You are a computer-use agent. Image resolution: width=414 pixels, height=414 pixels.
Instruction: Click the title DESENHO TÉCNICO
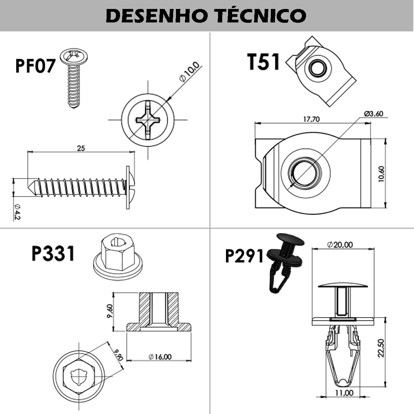pyautogui.click(x=206, y=16)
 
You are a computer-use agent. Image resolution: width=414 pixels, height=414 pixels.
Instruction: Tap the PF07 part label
pyautogui.click(x=35, y=66)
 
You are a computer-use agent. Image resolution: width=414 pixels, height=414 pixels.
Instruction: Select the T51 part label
pyautogui.click(x=264, y=62)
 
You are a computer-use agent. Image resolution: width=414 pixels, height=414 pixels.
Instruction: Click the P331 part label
pyautogui.click(x=53, y=254)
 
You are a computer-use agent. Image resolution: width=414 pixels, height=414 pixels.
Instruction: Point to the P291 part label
pyautogui.click(x=244, y=256)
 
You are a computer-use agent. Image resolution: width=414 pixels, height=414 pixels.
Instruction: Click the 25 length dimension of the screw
pyautogui.click(x=81, y=148)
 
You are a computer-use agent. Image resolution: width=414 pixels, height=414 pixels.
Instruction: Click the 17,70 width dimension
pyautogui.click(x=311, y=119)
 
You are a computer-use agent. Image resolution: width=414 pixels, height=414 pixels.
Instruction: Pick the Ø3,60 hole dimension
pyautogui.click(x=374, y=114)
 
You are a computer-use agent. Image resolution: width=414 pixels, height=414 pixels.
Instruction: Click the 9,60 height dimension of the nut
pyautogui.click(x=110, y=312)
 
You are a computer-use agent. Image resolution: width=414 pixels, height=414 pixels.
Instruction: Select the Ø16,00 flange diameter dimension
pyautogui.click(x=160, y=357)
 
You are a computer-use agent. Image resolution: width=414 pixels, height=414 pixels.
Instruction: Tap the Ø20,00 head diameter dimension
pyautogui.click(x=340, y=245)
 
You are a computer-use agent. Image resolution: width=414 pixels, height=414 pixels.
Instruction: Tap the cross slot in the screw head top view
pyautogui.click(x=148, y=120)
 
